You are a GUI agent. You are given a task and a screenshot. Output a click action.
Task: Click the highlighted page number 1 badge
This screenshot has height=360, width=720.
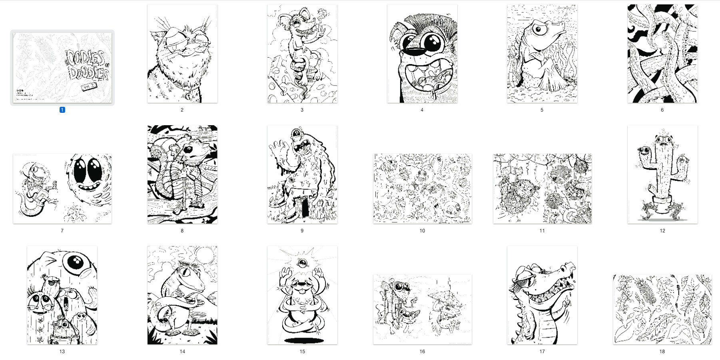62,110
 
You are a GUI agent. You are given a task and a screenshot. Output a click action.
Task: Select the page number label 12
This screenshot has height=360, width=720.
662,230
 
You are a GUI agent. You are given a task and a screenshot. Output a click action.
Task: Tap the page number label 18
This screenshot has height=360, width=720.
662,351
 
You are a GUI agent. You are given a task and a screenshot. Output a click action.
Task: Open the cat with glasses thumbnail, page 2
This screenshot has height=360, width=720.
182,54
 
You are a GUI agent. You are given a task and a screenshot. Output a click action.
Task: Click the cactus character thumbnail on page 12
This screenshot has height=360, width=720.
662,174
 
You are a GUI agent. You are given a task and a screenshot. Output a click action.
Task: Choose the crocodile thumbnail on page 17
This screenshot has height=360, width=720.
542,295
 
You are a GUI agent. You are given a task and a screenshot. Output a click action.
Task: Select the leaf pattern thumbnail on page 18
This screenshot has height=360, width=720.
662,309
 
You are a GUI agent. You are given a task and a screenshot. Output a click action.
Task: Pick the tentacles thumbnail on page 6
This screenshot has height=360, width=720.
662,54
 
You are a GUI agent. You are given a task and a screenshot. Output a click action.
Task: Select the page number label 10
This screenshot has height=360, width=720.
422,230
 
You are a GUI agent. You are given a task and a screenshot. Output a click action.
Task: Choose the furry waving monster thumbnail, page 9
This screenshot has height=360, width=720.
302,174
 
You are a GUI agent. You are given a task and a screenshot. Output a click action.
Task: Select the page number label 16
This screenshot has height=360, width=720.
422,351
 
